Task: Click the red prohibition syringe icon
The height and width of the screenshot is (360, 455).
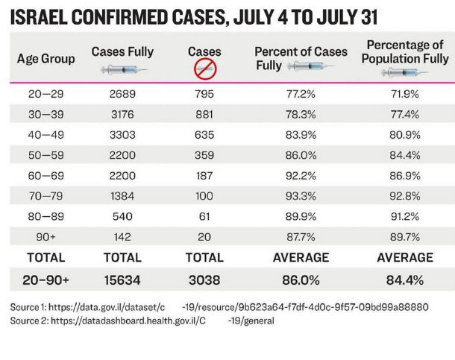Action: (205, 69)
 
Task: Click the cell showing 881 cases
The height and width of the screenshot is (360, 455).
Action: (205, 116)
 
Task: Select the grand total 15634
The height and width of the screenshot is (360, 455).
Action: (122, 280)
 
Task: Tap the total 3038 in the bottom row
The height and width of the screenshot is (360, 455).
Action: (205, 280)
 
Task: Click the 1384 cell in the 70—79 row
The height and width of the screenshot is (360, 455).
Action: (122, 198)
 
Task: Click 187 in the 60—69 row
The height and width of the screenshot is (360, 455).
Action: (205, 178)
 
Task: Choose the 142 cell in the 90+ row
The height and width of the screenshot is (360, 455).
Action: (122, 238)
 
